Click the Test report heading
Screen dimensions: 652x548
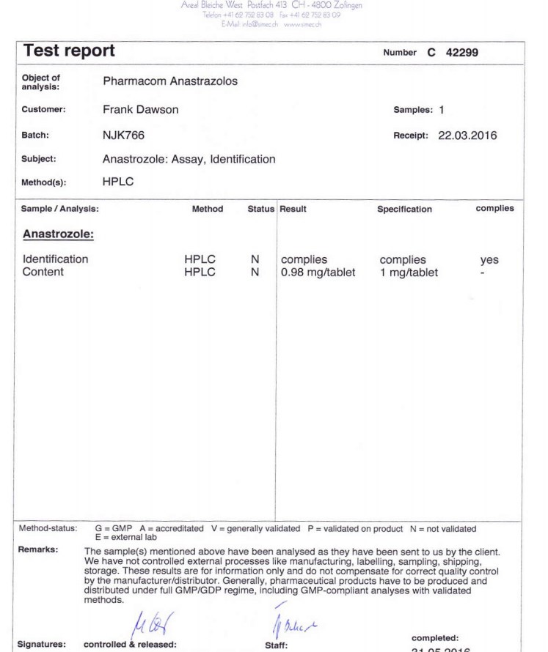click(69, 51)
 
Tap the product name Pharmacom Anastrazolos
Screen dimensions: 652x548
click(170, 81)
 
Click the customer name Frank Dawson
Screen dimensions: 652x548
click(141, 109)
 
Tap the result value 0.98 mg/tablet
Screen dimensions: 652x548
click(318, 273)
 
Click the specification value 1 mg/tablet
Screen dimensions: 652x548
click(409, 273)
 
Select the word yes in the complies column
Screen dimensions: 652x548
click(489, 259)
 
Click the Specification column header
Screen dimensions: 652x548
click(404, 209)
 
